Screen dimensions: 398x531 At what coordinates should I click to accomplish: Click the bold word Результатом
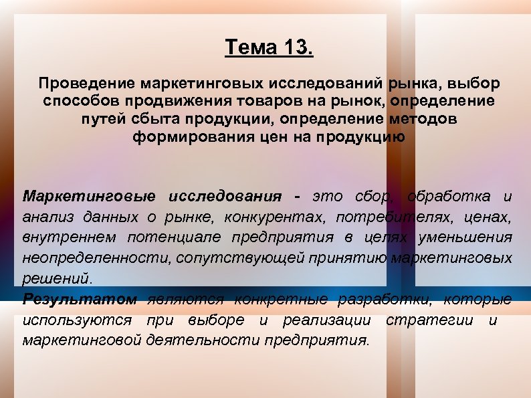80,298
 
